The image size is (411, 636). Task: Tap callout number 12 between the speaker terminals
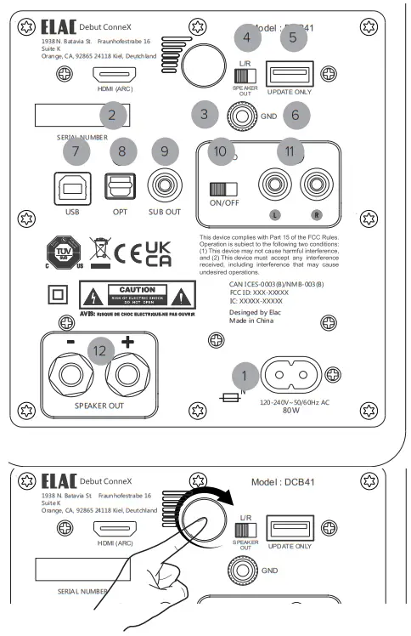coord(102,349)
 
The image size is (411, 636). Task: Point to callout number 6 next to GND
coord(295,112)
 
